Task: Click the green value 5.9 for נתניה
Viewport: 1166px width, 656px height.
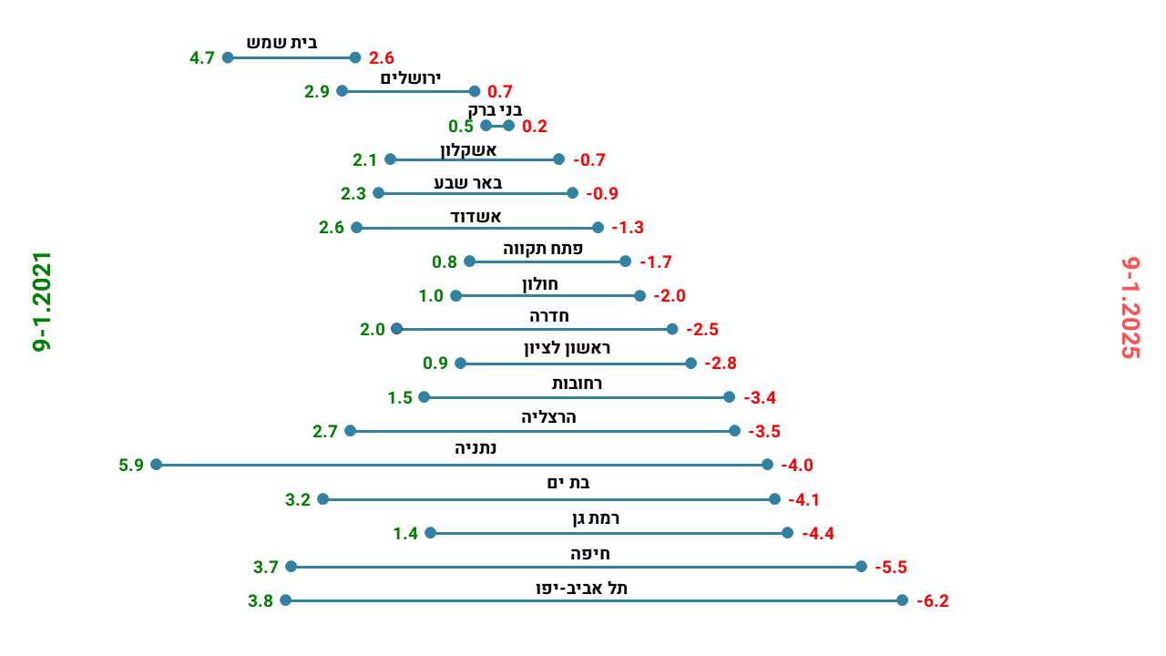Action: (x=131, y=466)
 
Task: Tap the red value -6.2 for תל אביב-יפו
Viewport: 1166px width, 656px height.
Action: (x=933, y=601)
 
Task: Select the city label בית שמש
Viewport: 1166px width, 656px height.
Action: (x=282, y=43)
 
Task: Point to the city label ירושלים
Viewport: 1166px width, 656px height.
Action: (x=410, y=77)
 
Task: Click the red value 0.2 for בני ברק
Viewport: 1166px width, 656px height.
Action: (x=535, y=127)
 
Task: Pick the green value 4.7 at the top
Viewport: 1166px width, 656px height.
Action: (x=202, y=58)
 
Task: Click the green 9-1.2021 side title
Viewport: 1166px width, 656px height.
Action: (x=42, y=302)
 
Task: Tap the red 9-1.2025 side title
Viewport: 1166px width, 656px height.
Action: (x=1130, y=308)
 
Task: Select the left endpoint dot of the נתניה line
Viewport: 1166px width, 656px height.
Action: (x=157, y=465)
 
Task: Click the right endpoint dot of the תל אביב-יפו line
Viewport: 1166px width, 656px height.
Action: (x=902, y=600)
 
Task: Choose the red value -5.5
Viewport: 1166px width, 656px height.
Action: (x=891, y=568)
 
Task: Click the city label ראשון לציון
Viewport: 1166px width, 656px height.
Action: (x=567, y=348)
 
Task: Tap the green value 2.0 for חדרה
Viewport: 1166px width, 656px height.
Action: (x=373, y=330)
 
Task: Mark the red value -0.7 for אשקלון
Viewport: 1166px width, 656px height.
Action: (x=589, y=160)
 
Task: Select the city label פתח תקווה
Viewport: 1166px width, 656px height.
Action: (x=543, y=248)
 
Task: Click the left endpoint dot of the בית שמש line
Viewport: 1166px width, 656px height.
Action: (x=228, y=57)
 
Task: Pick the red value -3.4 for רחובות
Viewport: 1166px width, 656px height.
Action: (x=760, y=398)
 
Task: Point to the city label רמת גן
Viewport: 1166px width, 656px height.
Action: (x=598, y=518)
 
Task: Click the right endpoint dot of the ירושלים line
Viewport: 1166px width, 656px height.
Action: (x=475, y=91)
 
